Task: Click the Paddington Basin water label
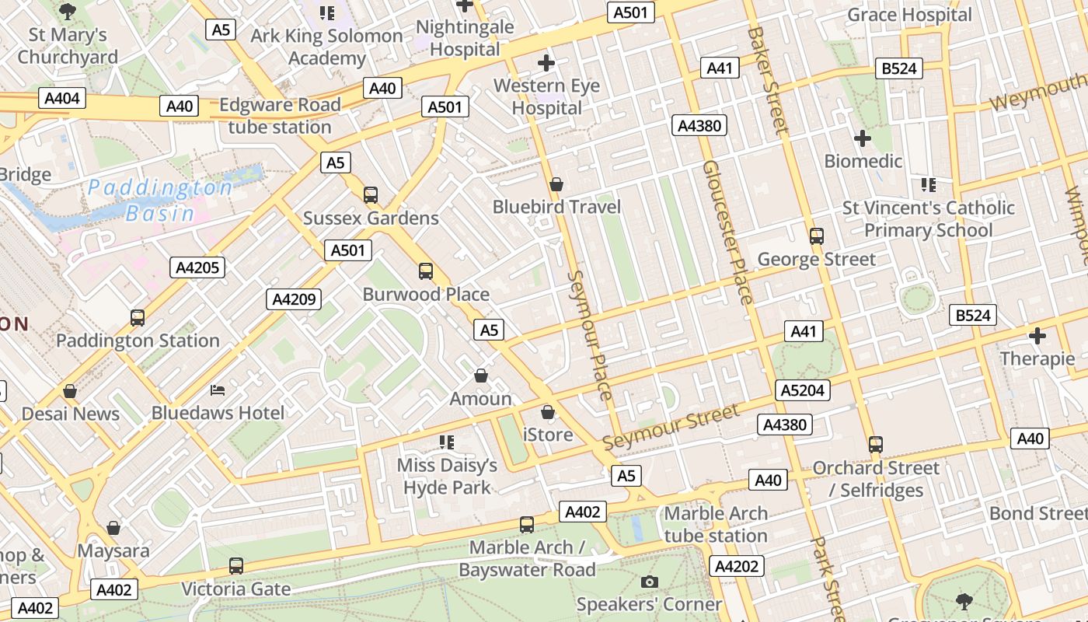coord(159,200)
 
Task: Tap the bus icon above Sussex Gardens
coord(371,194)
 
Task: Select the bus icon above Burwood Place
coord(426,271)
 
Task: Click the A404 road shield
coord(62,99)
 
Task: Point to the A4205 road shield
coord(197,267)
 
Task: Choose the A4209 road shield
coord(294,299)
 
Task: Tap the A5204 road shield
coord(803,390)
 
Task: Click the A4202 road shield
coord(736,566)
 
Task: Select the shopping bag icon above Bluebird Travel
coord(556,184)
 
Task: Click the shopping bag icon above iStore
coord(548,411)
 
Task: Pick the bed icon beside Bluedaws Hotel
coord(218,389)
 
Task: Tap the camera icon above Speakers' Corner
coord(649,582)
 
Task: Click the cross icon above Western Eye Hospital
coord(546,62)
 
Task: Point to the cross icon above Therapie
coord(1037,336)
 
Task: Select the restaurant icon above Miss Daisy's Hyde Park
coord(447,442)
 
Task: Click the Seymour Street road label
coord(670,427)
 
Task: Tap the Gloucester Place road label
coord(728,232)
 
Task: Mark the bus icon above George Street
coord(816,236)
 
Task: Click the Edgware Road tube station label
coord(280,116)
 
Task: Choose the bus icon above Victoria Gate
coord(236,566)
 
